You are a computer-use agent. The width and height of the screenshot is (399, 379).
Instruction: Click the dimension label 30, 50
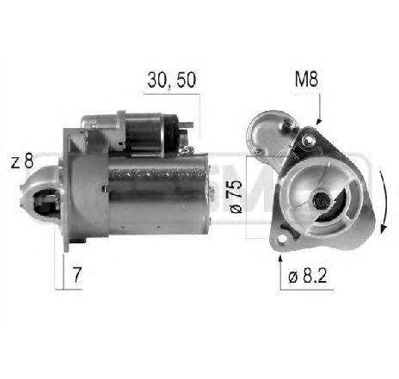172,80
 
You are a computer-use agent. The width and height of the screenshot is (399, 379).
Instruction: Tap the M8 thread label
306,79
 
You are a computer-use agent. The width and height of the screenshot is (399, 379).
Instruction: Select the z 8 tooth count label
22,161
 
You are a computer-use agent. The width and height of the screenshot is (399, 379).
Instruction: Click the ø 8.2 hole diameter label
308,276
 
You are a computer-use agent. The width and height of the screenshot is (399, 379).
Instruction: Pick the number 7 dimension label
77,275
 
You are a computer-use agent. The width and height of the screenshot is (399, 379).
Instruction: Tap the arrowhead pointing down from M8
318,121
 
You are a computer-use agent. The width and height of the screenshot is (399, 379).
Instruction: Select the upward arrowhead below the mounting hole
280,259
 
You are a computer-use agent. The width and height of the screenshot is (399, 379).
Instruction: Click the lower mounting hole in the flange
282,240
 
